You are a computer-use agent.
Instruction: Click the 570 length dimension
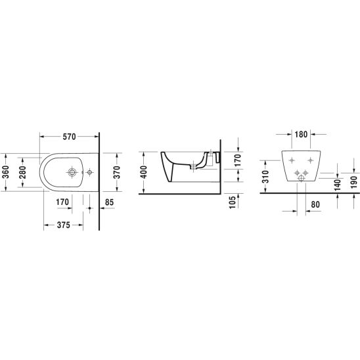69,137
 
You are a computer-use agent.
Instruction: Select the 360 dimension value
5,172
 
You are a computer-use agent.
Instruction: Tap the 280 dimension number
22,172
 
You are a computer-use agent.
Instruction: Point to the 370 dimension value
117,172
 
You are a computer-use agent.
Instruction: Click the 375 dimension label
63,225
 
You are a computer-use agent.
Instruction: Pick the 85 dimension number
109,202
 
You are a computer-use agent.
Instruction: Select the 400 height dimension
144,172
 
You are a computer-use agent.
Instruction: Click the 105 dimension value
233,202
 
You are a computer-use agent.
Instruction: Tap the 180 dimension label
301,134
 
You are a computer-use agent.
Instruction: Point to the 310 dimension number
265,177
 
